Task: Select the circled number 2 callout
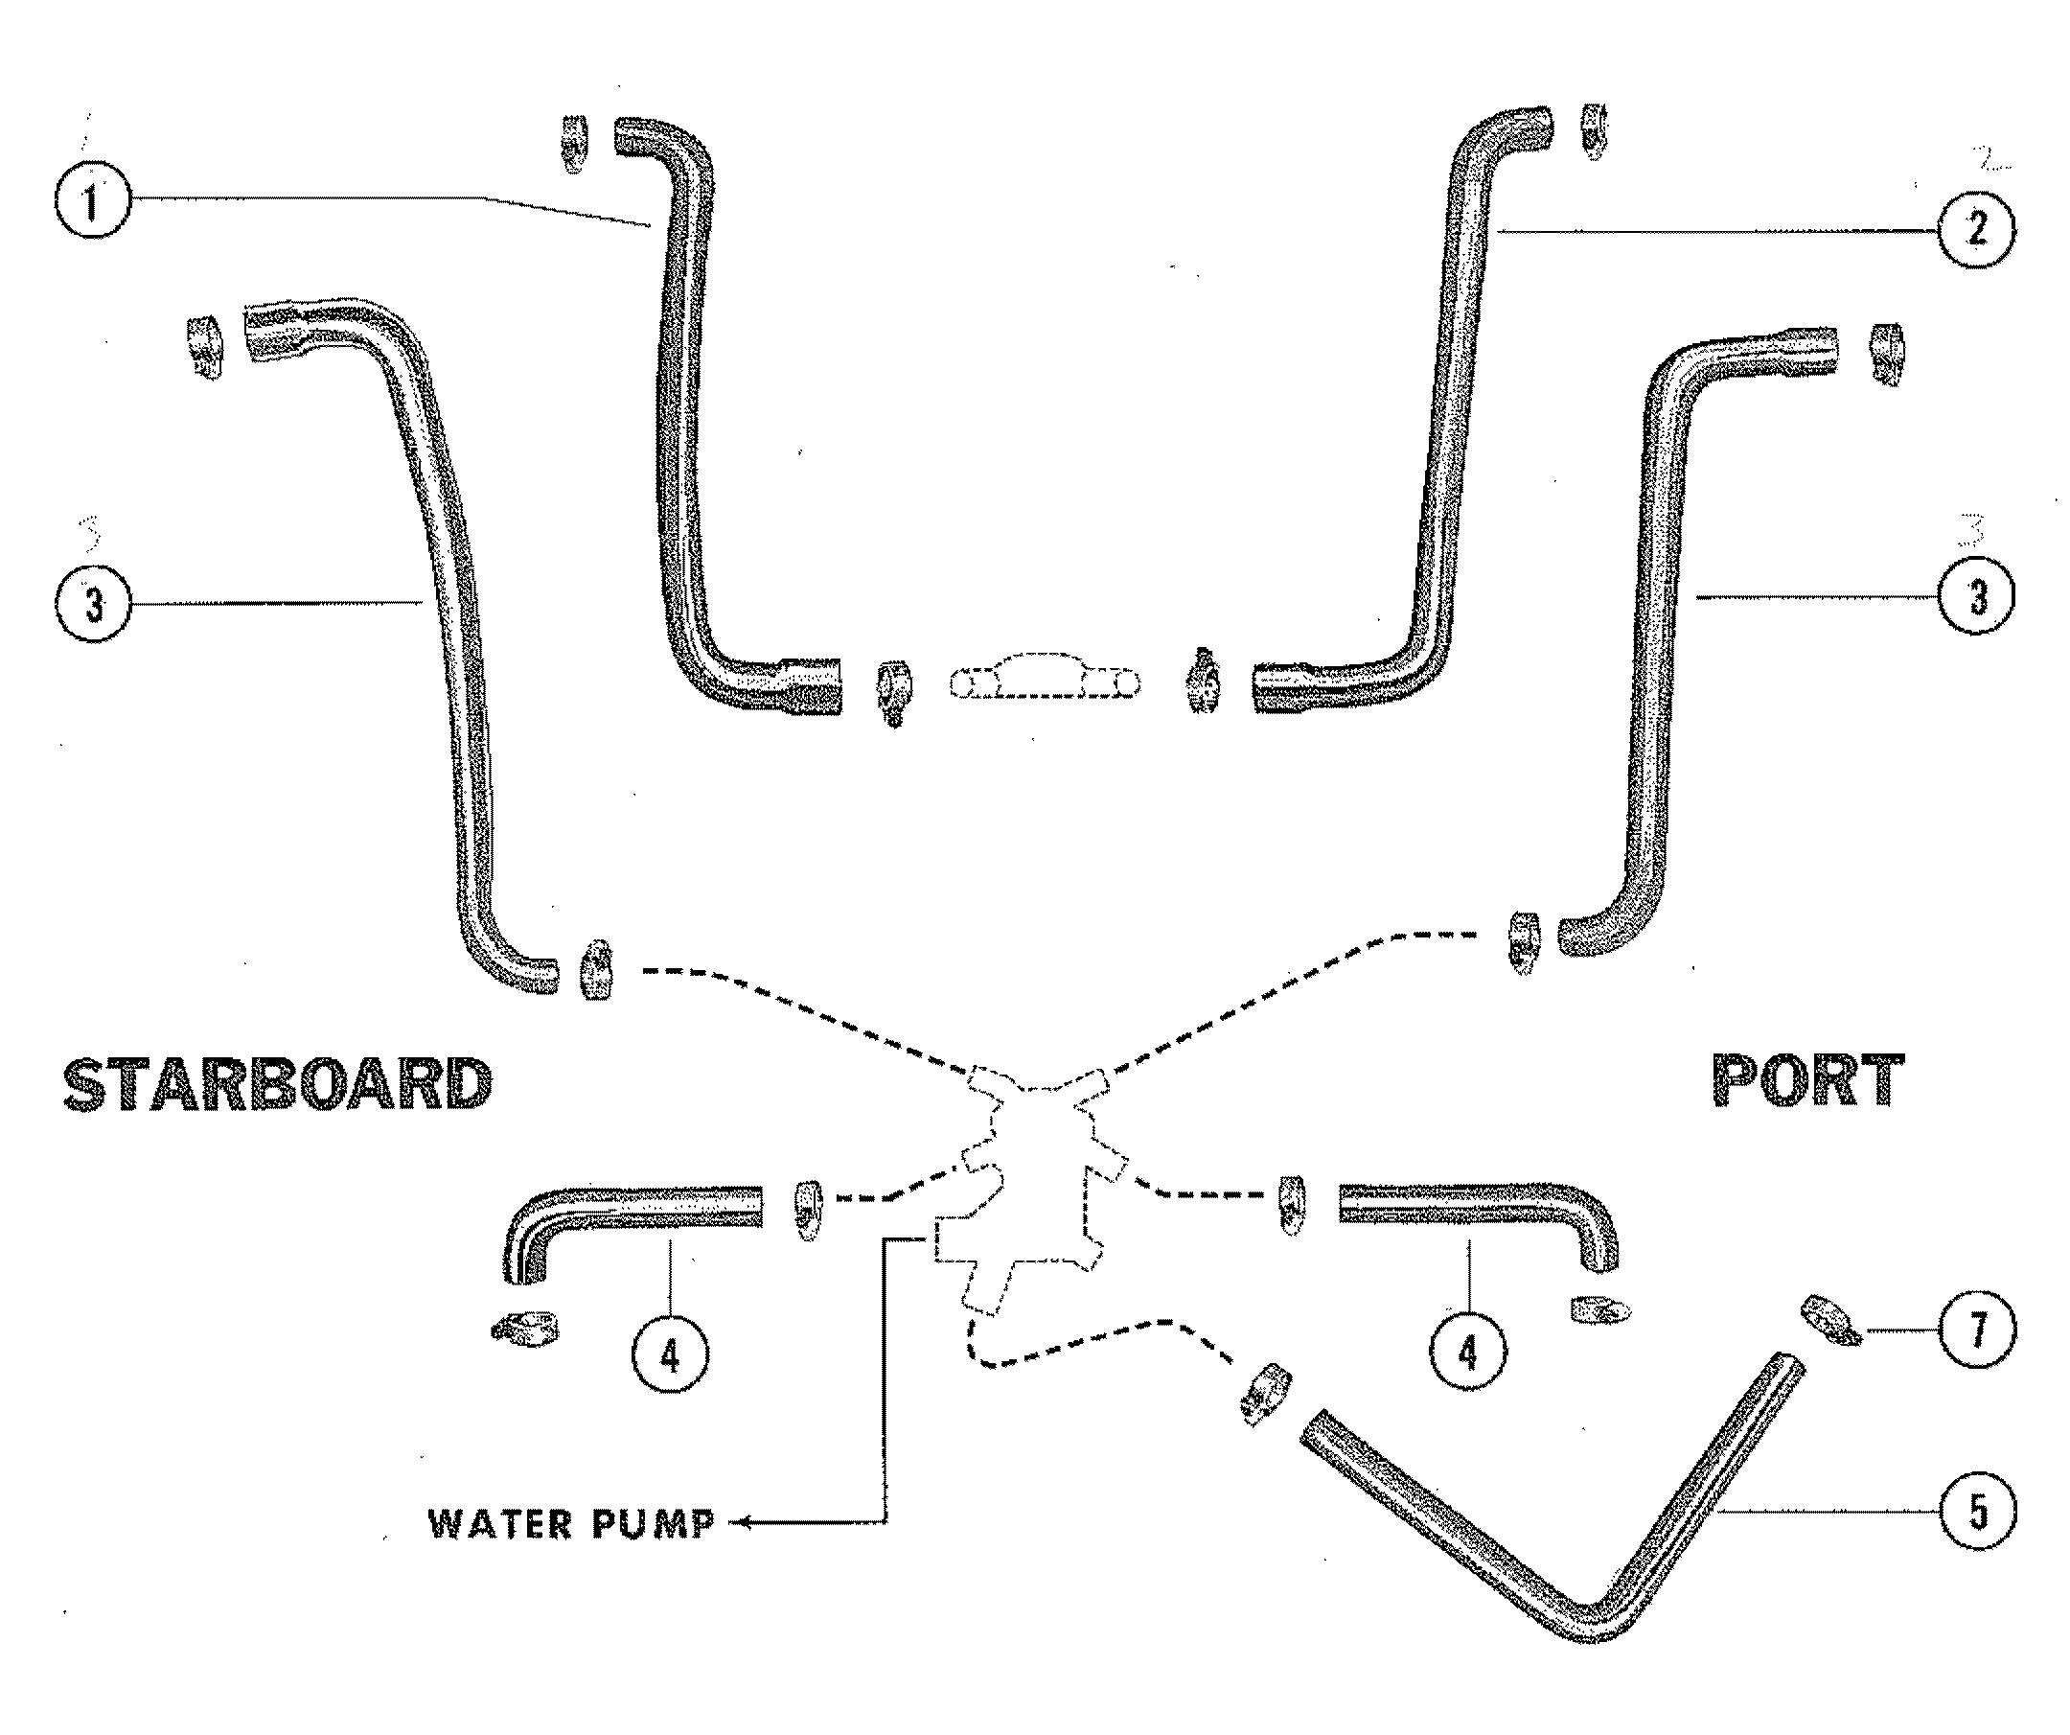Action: pos(1976,230)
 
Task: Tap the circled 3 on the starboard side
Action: pos(92,603)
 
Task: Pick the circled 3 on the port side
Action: pos(1976,595)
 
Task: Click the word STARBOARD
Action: pos(277,1085)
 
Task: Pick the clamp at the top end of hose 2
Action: pos(1594,130)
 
